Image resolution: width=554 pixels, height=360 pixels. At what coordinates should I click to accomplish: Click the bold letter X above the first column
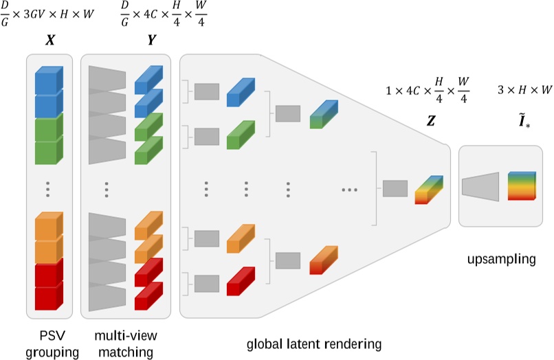click(50, 41)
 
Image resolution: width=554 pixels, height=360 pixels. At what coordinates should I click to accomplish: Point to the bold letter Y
click(152, 41)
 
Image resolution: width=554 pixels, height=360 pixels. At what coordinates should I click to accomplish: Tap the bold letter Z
click(431, 121)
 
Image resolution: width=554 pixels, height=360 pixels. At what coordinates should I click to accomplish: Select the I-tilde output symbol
click(524, 121)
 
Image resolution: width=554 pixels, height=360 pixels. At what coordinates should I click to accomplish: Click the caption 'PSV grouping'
click(52, 344)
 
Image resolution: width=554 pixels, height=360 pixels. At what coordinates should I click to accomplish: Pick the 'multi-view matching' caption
click(126, 344)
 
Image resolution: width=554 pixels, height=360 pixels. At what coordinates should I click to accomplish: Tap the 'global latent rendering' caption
click(314, 344)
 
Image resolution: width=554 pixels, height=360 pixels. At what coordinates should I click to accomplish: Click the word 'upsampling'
click(501, 259)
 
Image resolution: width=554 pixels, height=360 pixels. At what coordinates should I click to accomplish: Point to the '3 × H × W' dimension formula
click(524, 90)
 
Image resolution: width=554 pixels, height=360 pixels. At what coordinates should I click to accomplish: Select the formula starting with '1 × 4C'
click(428, 90)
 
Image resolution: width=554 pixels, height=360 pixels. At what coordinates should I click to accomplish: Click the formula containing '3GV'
click(47, 14)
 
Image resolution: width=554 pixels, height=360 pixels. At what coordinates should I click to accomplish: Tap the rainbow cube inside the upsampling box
click(522, 186)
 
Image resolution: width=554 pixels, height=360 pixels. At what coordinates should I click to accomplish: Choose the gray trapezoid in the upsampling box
click(480, 187)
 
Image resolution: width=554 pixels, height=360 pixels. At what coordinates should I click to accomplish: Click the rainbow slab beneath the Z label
click(429, 190)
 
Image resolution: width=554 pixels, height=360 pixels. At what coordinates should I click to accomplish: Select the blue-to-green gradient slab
click(324, 114)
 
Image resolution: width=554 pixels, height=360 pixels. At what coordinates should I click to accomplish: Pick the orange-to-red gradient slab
click(324, 260)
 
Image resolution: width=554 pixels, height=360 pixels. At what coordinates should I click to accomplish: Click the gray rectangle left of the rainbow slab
click(395, 189)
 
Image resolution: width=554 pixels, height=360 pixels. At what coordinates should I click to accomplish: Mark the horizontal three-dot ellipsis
click(349, 190)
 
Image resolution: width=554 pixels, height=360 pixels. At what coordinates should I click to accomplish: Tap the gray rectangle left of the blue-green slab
click(288, 114)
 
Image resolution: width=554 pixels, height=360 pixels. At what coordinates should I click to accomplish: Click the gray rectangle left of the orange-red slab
click(288, 261)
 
